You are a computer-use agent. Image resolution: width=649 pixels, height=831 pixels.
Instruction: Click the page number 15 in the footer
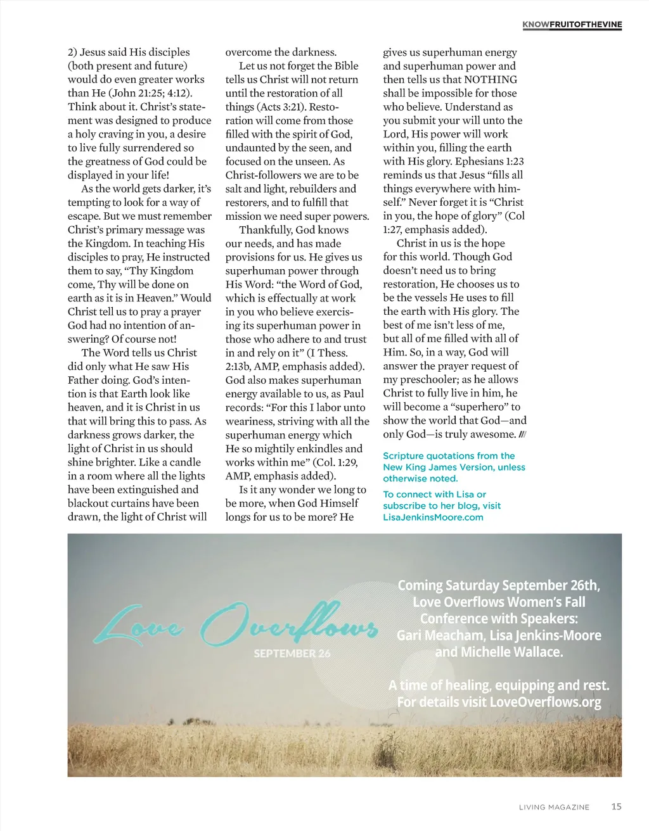tap(616, 806)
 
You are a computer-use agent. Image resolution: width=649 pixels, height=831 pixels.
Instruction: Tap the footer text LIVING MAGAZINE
tap(554, 807)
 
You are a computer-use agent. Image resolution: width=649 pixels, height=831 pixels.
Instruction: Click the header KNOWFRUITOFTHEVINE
tap(572, 25)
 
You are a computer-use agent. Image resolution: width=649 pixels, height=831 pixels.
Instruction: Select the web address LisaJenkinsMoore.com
tap(433, 517)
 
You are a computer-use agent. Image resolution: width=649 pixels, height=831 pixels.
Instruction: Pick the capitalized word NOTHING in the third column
tap(491, 79)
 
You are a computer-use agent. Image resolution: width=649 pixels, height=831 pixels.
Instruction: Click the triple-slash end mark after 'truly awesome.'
tap(522, 435)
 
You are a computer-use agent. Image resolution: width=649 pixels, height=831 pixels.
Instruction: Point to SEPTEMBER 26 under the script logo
tap(292, 653)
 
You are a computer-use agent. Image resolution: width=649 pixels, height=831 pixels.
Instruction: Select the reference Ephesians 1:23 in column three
tap(484, 162)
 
